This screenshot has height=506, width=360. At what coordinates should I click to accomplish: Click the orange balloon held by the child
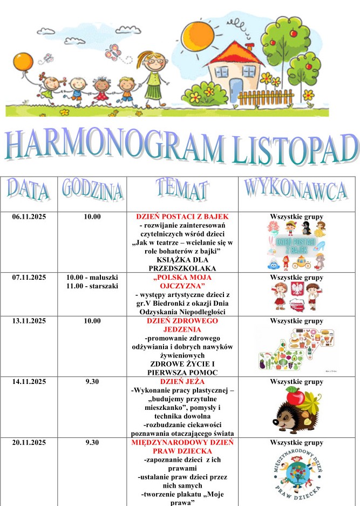[23, 61]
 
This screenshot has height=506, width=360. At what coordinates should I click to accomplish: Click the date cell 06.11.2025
[29, 217]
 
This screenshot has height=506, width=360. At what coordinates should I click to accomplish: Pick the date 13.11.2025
[29, 321]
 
